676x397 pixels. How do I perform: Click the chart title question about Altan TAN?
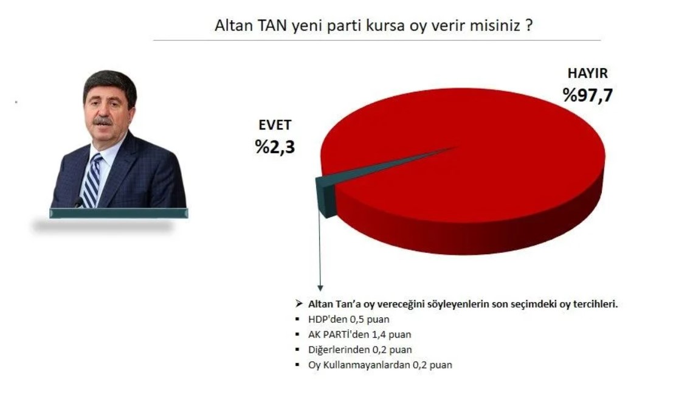coord(373,26)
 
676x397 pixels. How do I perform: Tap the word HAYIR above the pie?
coord(587,74)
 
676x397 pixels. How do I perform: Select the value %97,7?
coord(587,95)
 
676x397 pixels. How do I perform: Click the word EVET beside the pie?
coord(275,125)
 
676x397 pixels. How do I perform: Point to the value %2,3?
coord(275,147)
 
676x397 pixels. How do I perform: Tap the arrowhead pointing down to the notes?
coord(320,288)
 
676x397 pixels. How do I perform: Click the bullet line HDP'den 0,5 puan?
coord(348,319)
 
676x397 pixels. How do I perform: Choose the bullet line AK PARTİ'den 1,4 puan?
coord(359,334)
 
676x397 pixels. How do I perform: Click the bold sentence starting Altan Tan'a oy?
coord(463,304)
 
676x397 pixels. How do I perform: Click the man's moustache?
coord(103,121)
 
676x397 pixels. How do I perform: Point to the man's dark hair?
coord(109,84)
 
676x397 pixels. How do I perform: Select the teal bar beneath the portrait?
coord(119,213)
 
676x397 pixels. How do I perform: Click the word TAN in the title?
coord(272,26)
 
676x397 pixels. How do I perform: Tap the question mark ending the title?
coord(529,26)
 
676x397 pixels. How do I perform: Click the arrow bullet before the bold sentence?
coord(298,303)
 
